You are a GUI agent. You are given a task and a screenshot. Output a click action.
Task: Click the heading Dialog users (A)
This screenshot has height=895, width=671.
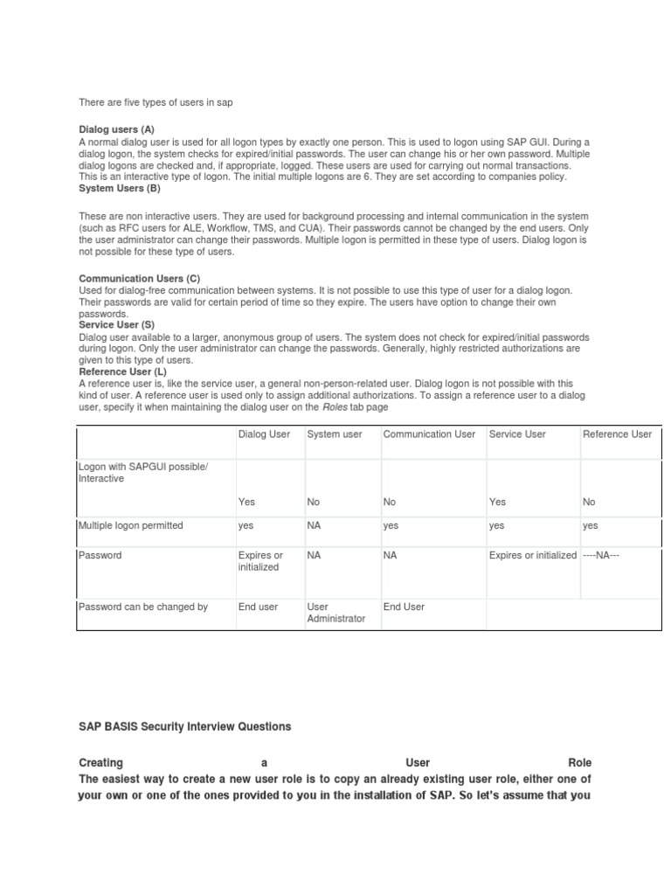point(116,129)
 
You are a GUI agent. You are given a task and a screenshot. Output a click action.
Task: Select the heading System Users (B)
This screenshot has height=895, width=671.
point(120,188)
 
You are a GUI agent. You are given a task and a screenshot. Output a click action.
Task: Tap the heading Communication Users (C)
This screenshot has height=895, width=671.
point(140,278)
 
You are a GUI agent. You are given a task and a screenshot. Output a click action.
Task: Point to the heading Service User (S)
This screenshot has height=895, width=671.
point(116,324)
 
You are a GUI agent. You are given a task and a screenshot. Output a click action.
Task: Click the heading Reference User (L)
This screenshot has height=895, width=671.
point(122,371)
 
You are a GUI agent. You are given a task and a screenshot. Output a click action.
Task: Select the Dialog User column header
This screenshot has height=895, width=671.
point(266,434)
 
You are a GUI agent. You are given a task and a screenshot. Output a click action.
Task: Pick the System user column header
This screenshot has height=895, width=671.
point(335,434)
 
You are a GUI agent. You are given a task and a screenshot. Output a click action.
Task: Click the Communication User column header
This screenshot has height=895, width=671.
point(429,434)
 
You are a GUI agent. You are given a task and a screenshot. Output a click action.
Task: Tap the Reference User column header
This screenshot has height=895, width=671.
point(617,434)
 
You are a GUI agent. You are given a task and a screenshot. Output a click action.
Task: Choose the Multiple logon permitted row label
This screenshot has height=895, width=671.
point(131,525)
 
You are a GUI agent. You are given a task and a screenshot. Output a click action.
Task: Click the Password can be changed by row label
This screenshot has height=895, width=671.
point(143,607)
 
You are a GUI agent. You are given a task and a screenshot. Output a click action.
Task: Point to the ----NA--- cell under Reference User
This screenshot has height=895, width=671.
point(601,555)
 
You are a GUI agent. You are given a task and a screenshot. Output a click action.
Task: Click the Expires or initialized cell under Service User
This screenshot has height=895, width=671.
point(532,555)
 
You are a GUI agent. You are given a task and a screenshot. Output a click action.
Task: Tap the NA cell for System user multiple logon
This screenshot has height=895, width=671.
point(315,525)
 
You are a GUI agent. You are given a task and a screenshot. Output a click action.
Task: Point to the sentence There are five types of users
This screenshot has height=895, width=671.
point(156,102)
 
